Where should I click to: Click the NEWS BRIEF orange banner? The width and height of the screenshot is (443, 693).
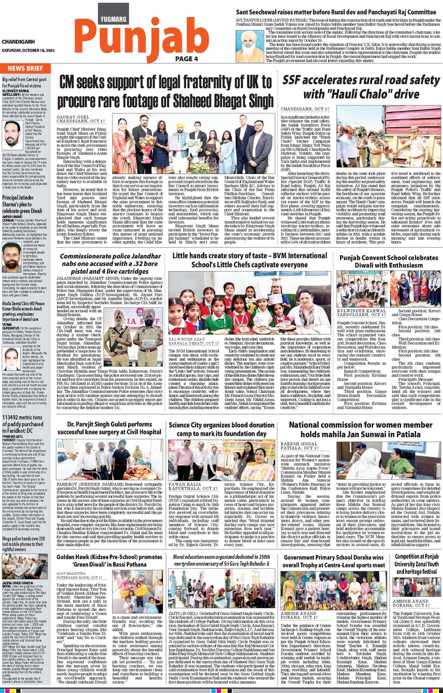pyautogui.click(x=25, y=68)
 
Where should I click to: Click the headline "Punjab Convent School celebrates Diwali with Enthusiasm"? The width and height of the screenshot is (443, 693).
pyautogui.click(x=388, y=261)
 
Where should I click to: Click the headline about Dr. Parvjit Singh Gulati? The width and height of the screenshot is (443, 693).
pyautogui.click(x=109, y=428)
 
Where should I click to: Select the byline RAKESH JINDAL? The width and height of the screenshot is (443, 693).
pyautogui.click(x=299, y=443)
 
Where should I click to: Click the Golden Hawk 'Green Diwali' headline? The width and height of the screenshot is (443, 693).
pyautogui.click(x=109, y=561)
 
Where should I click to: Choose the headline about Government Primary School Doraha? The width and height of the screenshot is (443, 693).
pyautogui.click(x=334, y=561)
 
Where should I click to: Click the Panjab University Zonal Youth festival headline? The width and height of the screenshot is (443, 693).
pyautogui.click(x=416, y=565)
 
